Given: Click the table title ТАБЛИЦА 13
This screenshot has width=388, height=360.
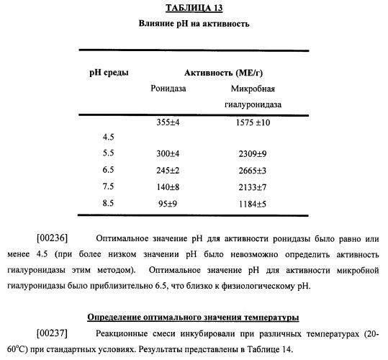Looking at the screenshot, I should click(194, 9).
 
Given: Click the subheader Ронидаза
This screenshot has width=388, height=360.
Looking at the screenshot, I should click(168, 89).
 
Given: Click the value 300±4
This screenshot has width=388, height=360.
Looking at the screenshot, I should click(168, 153).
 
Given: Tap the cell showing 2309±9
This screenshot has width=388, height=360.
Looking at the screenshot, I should click(253, 153).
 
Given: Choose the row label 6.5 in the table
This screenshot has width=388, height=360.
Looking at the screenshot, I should click(109, 170).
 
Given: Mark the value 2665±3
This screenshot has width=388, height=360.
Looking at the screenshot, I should click(253, 170).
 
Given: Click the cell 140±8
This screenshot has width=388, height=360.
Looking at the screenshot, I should click(168, 186).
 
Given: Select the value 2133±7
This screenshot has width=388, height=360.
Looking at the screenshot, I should click(253, 186).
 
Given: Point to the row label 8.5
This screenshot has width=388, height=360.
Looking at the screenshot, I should click(109, 204).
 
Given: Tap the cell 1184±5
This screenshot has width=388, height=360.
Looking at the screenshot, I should click(253, 204).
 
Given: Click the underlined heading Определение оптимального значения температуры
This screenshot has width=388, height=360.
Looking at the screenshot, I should click(194, 316).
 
